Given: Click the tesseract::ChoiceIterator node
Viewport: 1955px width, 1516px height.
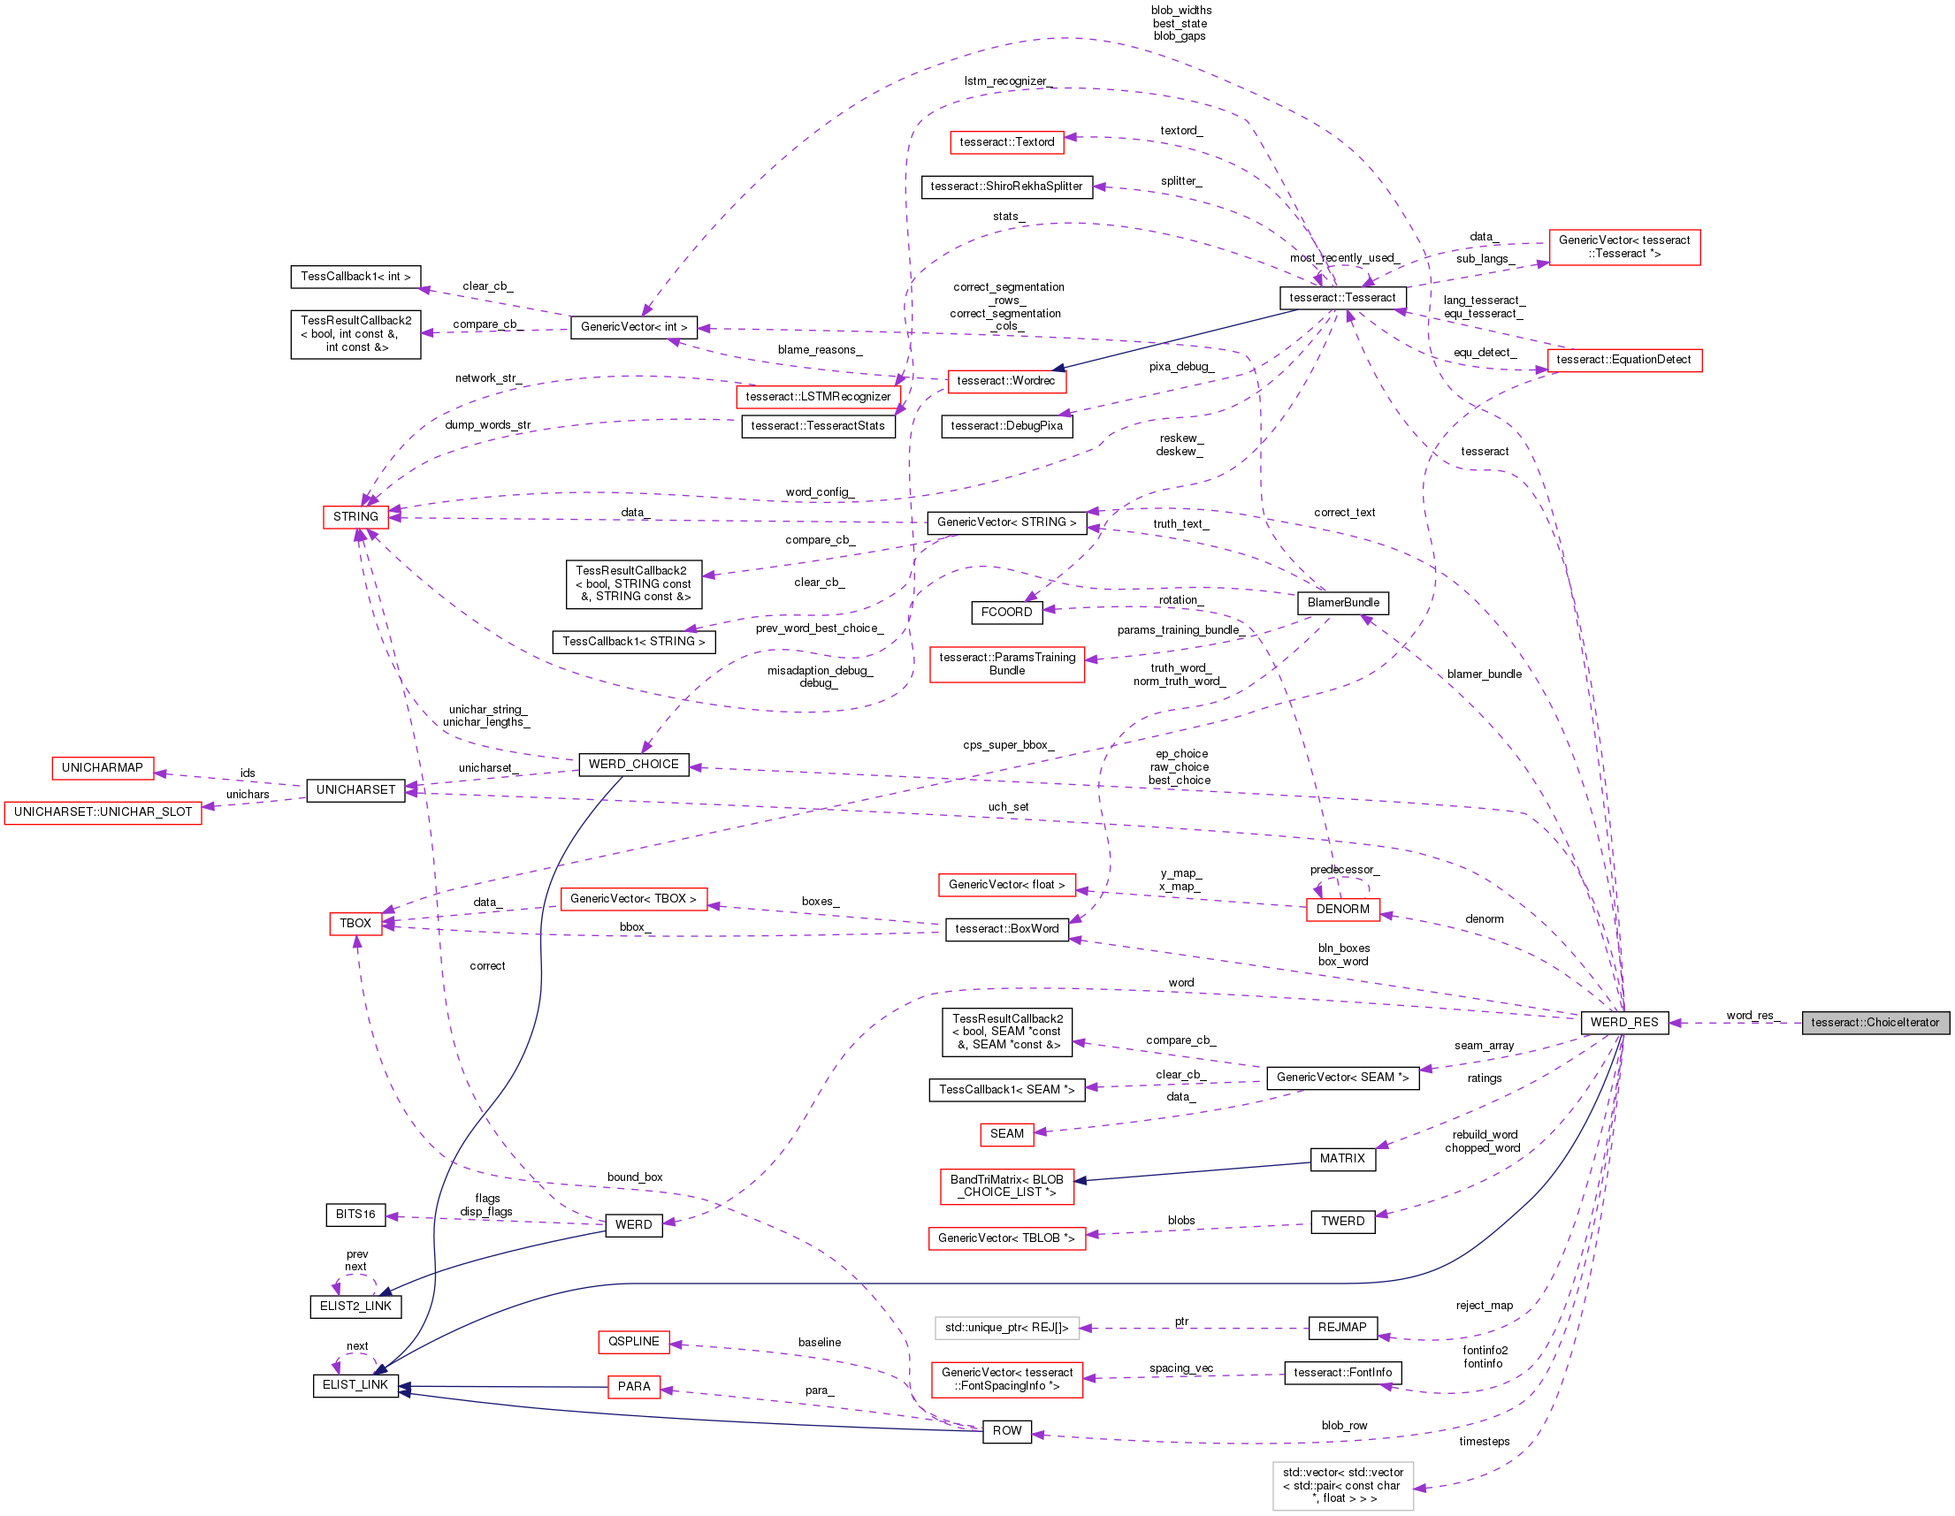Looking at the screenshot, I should click(x=1875, y=1022).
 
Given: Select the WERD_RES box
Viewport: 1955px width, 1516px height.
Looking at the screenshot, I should click(x=1623, y=1022).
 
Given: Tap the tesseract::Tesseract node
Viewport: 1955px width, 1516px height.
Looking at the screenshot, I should click(x=1342, y=297).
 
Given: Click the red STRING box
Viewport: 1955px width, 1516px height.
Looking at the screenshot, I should click(x=355, y=516).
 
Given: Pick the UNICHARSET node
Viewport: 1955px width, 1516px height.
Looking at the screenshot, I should click(x=355, y=789).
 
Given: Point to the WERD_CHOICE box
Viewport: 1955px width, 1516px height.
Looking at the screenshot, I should click(x=633, y=764).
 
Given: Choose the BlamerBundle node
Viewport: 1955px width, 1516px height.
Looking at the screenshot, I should click(x=1343, y=602).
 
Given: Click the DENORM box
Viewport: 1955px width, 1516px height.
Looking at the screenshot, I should click(x=1342, y=909).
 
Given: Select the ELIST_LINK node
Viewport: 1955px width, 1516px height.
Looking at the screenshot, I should click(x=355, y=1384).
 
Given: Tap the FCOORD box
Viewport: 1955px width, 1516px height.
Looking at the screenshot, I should click(x=1006, y=611).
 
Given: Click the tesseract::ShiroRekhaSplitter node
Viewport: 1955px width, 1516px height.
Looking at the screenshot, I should click(x=1006, y=187).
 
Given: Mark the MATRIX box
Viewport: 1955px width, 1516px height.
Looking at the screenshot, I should click(x=1342, y=1158).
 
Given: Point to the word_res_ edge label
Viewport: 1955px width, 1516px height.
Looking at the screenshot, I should click(x=1749, y=1015).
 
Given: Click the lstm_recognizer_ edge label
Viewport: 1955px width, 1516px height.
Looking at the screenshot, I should click(x=1005, y=80).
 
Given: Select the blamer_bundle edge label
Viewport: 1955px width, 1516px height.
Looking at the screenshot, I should click(x=1483, y=674).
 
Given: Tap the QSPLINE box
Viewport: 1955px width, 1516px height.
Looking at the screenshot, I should click(x=633, y=1341).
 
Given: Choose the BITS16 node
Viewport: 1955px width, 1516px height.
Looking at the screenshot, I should click(x=355, y=1214).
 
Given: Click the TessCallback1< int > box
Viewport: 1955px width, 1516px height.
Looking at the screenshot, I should click(x=355, y=277).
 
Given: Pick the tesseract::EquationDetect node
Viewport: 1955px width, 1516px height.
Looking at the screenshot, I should click(x=1623, y=360).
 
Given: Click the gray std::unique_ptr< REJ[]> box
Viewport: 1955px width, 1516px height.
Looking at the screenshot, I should click(x=1006, y=1327).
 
